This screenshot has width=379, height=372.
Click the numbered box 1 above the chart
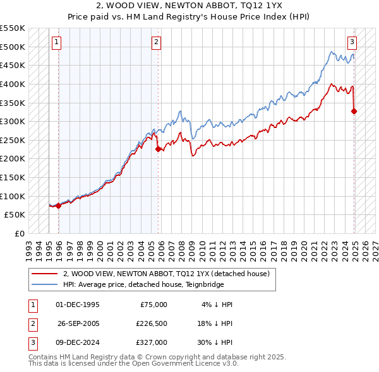point(57,42)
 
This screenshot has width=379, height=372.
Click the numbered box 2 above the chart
point(156,42)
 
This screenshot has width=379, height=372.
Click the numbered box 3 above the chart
point(352,42)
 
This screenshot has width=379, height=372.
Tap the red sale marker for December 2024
point(354,112)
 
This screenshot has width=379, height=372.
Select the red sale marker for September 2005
point(158,149)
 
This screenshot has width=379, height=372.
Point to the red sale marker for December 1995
point(58,205)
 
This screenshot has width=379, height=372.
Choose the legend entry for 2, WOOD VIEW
point(167,274)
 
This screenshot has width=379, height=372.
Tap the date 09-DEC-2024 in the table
point(78,342)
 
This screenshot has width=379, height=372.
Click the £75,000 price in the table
point(152,305)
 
